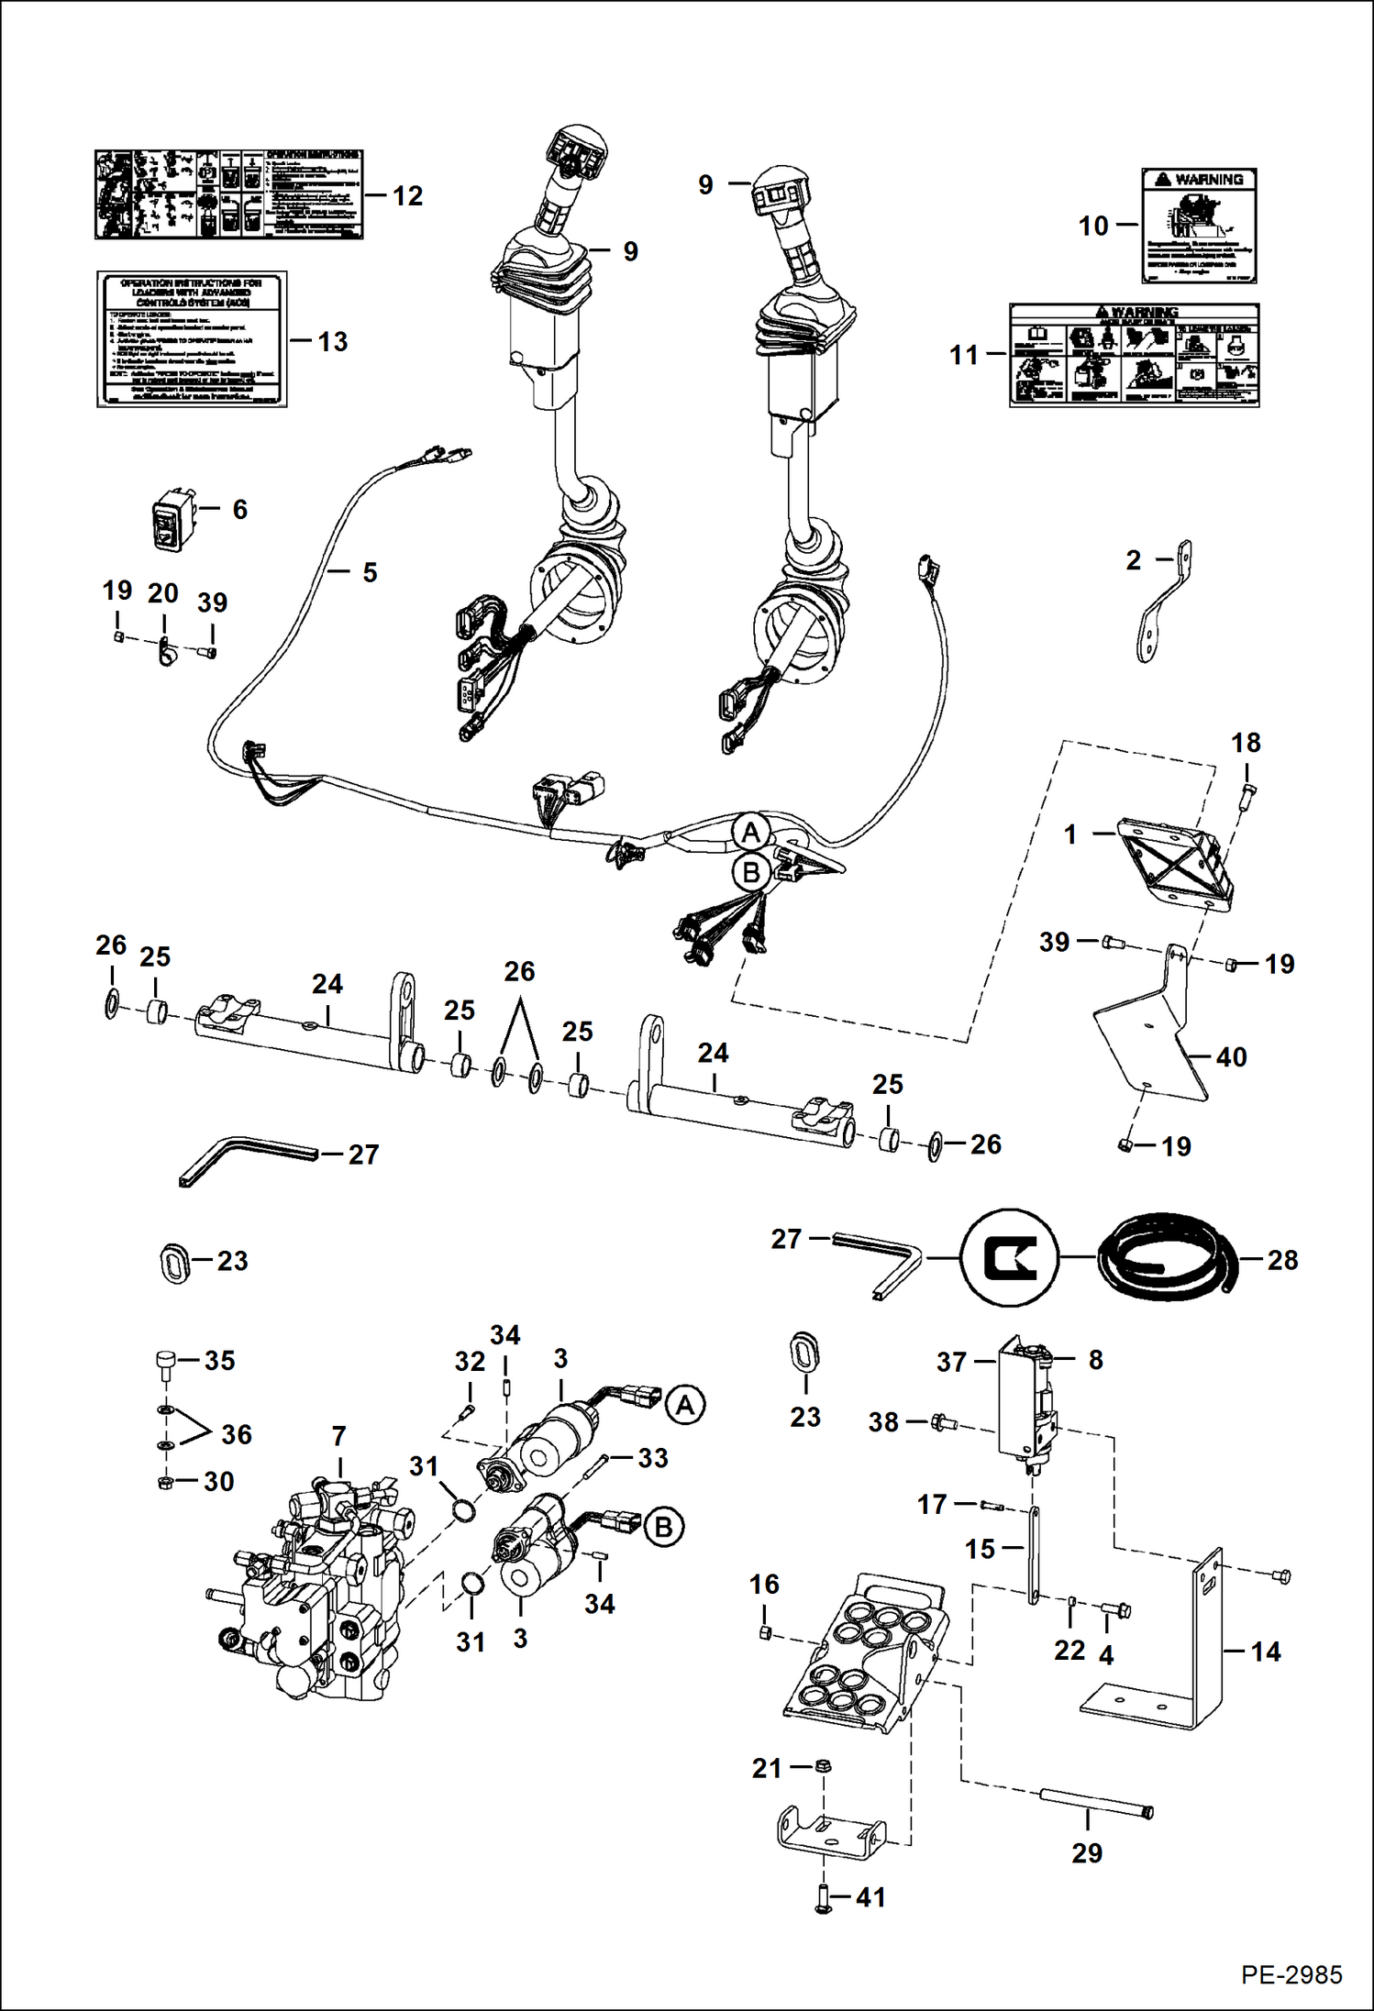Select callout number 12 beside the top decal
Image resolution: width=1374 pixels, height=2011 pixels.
(407, 196)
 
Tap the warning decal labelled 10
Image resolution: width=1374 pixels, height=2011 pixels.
(1199, 226)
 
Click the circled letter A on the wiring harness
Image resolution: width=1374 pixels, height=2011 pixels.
(751, 833)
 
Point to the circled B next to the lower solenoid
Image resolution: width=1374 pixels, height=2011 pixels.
(664, 1528)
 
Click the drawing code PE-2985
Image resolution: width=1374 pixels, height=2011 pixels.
(1291, 1974)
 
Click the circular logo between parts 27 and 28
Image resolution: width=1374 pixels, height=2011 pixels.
(1010, 1257)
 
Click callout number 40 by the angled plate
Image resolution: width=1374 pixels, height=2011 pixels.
(1231, 1057)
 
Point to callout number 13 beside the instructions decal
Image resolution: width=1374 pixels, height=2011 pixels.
(332, 342)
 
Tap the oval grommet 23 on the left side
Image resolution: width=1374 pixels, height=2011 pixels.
(174, 1262)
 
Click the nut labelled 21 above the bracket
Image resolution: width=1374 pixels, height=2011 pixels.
(823, 1765)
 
